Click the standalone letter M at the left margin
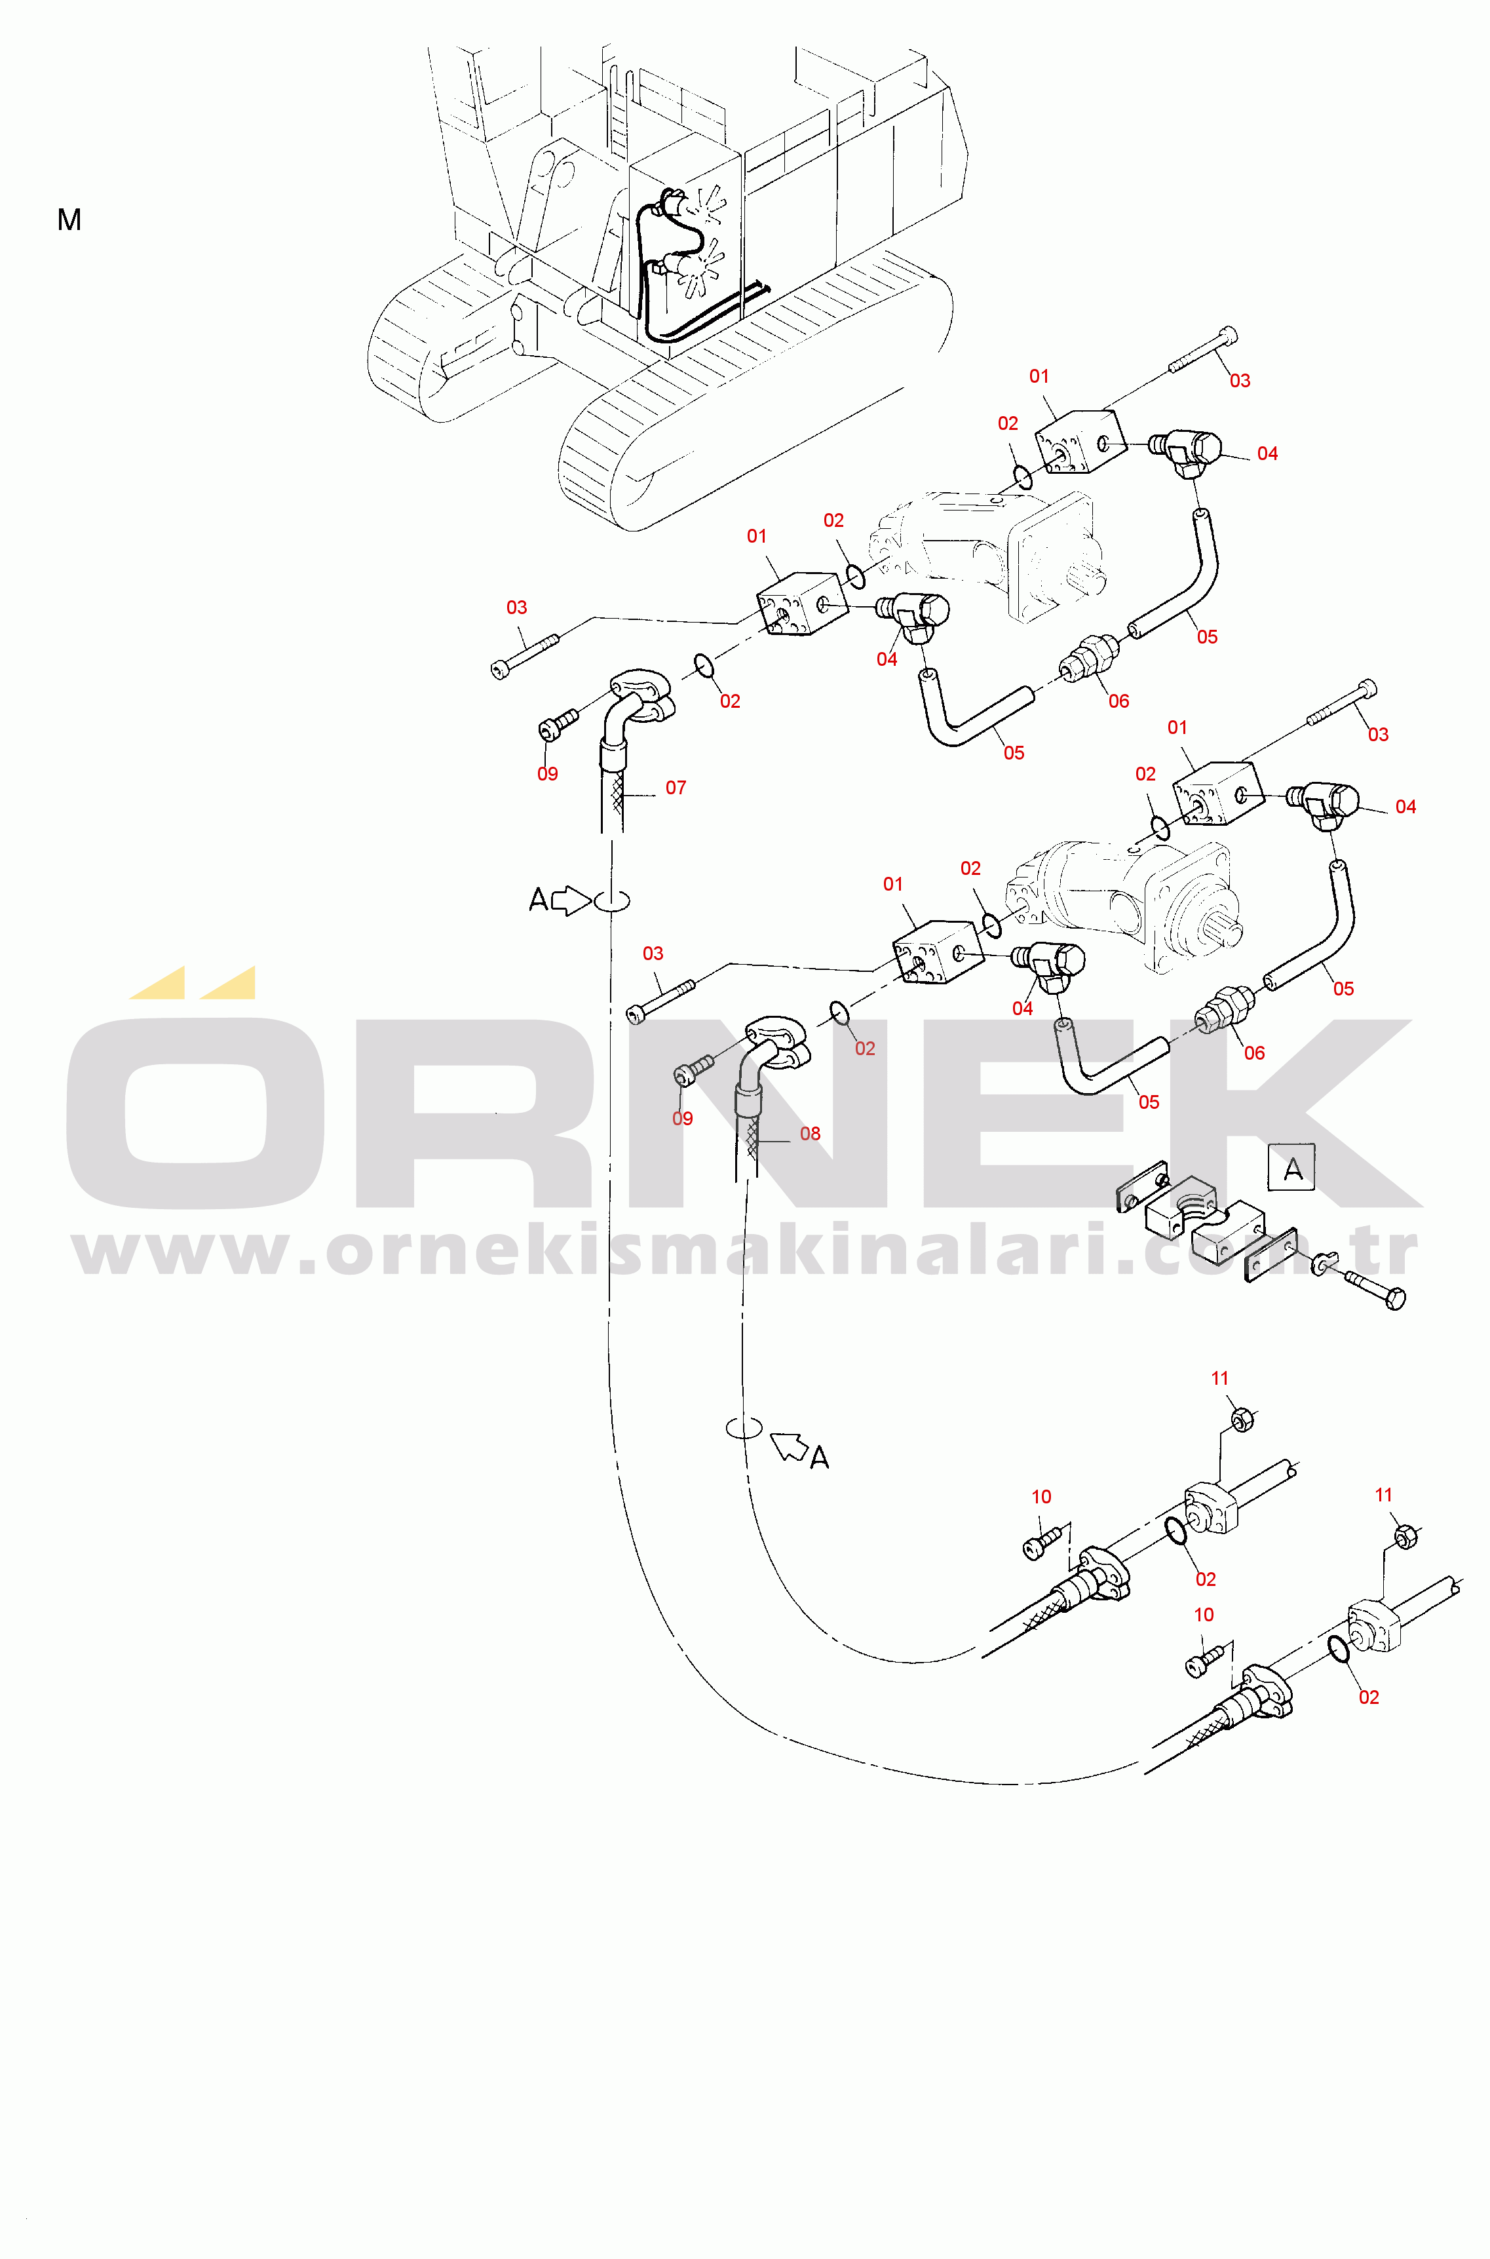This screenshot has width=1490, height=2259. (69, 220)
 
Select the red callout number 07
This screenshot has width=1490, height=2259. (676, 788)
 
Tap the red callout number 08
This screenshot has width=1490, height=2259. (810, 1134)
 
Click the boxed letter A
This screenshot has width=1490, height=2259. (1292, 1168)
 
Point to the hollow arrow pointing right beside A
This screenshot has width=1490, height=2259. (571, 900)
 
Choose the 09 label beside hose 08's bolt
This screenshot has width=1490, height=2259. (682, 1119)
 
